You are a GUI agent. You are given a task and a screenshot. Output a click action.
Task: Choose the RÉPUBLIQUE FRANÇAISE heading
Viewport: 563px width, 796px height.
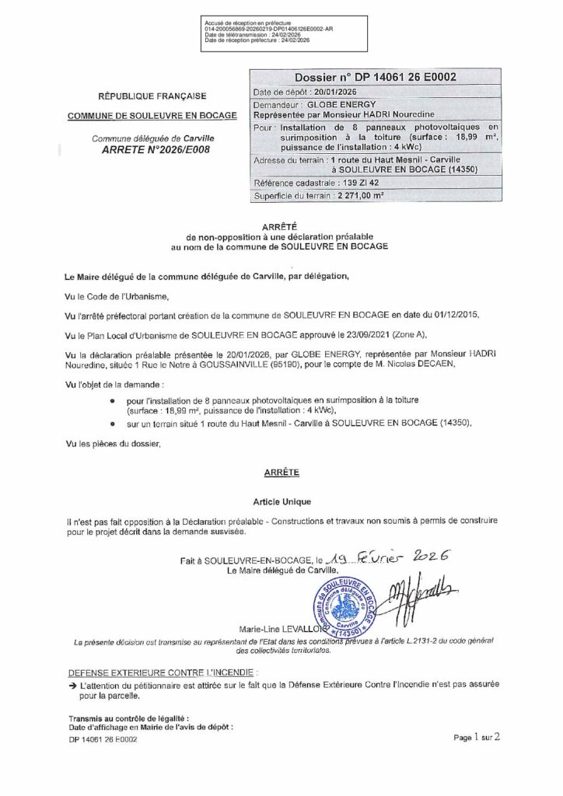pos(152,96)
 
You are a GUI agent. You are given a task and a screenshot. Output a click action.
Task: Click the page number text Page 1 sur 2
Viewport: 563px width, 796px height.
pos(478,738)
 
